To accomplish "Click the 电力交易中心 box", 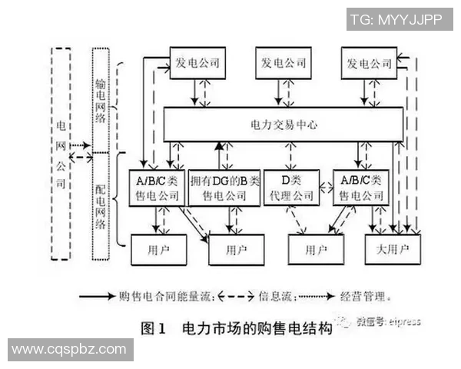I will point(284,124).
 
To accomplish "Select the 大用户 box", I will point(392,250).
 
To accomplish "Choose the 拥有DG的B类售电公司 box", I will point(224,188).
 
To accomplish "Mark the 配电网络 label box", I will point(101,200).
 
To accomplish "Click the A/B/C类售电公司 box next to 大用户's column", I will point(361,188).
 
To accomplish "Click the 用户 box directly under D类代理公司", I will point(315,250).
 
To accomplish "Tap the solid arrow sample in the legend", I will point(96,294).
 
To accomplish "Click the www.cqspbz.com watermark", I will point(69,350).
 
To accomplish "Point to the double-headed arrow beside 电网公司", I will point(80,158).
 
